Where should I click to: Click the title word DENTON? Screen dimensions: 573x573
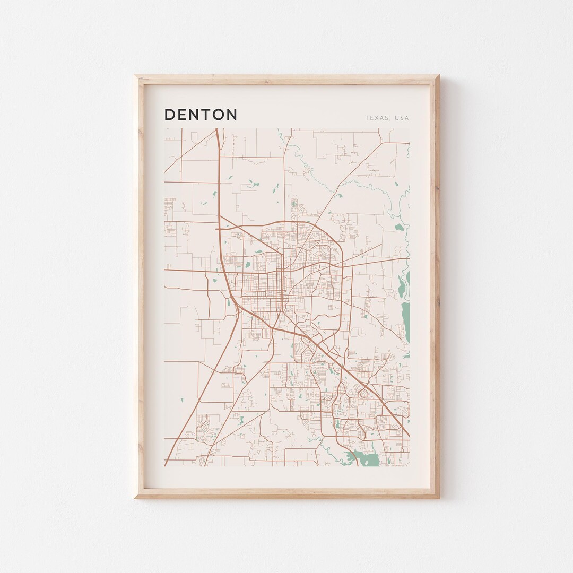201,115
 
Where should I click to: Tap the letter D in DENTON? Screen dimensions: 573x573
170,115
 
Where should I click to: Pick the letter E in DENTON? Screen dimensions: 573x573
182,115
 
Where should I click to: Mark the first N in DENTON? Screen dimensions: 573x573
194,115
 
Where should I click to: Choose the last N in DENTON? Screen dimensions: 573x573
231,115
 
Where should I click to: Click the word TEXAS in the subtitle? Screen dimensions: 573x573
377,118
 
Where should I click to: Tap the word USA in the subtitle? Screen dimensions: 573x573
402,118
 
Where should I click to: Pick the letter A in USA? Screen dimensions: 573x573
407,118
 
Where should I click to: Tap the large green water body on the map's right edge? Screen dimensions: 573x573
406,318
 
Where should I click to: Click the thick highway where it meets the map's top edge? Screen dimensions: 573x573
217,129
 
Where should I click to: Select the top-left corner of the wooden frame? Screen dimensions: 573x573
135,76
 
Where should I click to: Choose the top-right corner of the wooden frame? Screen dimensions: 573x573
438,76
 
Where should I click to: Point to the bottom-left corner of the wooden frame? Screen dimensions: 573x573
135,497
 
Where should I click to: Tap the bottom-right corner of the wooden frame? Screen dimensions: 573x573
438,497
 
